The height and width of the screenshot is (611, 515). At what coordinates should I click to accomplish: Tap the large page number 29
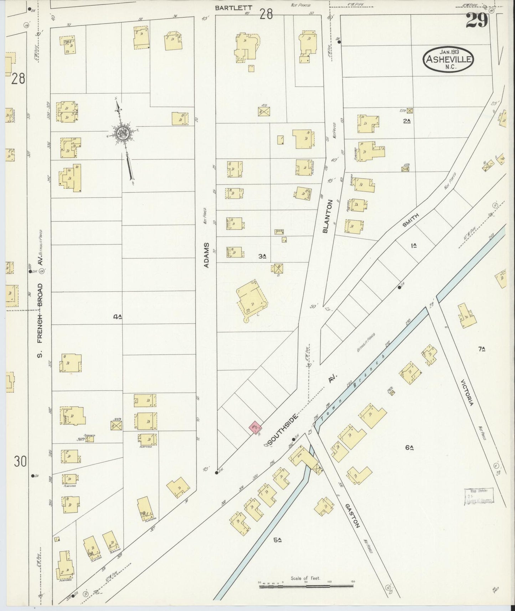[477, 21]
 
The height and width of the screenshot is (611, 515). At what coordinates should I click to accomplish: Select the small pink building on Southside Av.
[255, 427]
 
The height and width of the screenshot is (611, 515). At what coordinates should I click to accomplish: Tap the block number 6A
[409, 447]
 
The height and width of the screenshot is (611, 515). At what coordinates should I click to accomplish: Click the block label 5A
[278, 540]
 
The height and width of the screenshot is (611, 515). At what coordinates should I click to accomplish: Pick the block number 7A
[482, 349]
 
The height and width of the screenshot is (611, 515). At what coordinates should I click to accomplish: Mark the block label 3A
[263, 256]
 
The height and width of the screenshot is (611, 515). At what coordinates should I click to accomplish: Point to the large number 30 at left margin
[20, 462]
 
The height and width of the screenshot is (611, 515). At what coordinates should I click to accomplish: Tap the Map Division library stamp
[478, 496]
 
